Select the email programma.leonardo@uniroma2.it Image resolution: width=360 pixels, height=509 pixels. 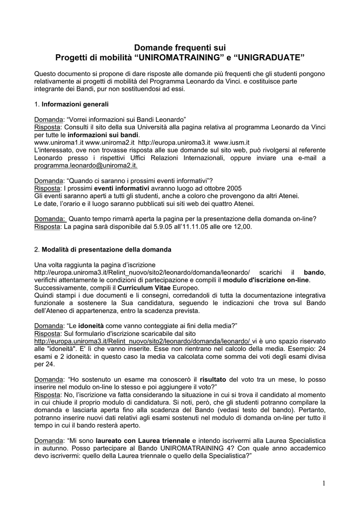pyautogui.click(x=86, y=166)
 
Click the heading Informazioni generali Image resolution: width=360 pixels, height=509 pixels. pyautogui.click(x=75, y=104)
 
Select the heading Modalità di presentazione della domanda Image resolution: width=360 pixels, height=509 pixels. pyautogui.click(x=106, y=249)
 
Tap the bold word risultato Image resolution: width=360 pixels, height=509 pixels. pyautogui.click(x=213, y=379)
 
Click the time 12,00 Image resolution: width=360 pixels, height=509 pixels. pyautogui.click(x=243, y=227)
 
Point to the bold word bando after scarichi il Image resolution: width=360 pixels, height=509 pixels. pyautogui.click(x=314, y=272)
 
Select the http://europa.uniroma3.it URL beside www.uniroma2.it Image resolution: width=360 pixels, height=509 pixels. pyautogui.click(x=171, y=142)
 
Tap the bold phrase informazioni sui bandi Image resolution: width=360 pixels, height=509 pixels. pyautogui.click(x=103, y=135)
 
